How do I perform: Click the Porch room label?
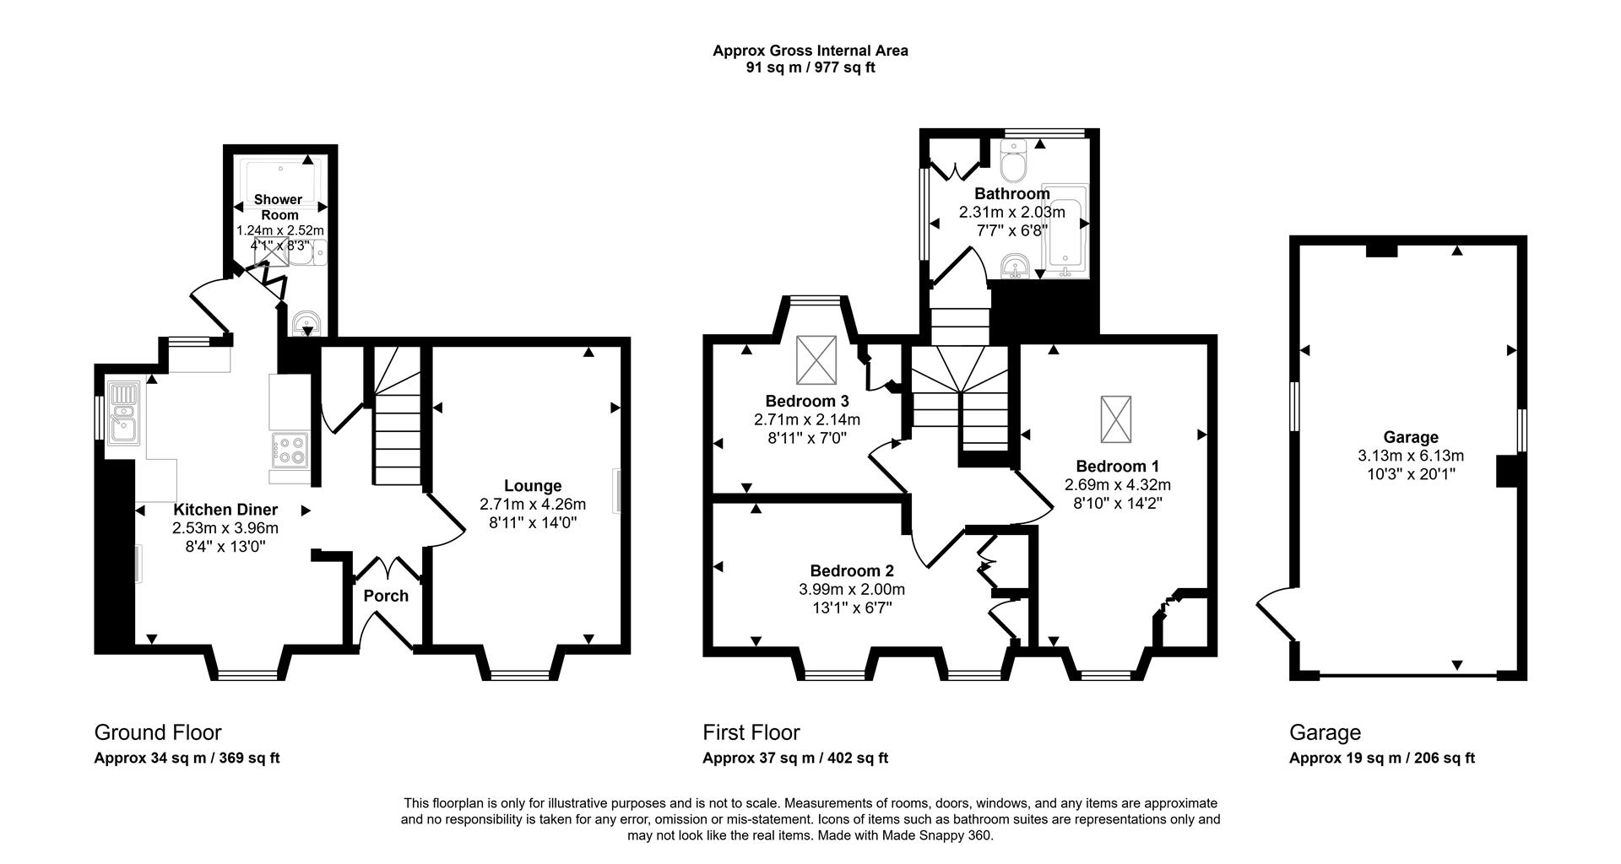point(386,596)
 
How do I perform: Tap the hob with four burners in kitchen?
point(290,450)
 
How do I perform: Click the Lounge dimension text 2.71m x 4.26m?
point(532,505)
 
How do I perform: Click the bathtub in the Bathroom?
point(1065,229)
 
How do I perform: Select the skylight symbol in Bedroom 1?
point(1115,418)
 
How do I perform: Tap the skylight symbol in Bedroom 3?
point(816,360)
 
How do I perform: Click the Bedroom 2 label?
point(851,571)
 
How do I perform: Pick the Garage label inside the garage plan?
point(1410,437)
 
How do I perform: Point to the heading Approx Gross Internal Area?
point(810,51)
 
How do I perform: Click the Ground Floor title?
point(158,732)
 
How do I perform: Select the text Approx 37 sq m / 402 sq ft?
point(794,759)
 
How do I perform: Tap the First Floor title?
point(751,732)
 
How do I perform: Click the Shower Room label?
point(279,207)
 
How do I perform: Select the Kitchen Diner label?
point(225,510)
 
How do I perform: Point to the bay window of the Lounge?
point(519,674)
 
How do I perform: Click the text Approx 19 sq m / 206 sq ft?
point(1381,759)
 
